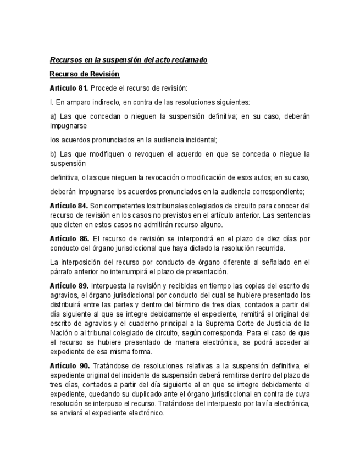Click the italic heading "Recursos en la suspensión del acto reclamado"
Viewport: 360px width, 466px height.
coord(128,59)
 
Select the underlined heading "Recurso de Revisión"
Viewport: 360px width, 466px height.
coord(85,74)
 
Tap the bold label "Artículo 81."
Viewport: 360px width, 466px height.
coord(69,88)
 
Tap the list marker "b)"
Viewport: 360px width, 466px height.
coord(53,154)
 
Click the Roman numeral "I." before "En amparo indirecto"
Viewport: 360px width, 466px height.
coord(51,102)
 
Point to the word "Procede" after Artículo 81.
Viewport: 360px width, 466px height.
coord(103,88)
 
